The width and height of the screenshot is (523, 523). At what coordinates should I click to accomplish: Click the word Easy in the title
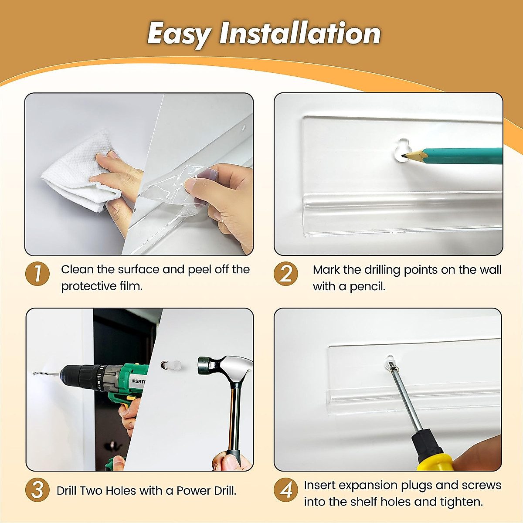[x=180, y=34]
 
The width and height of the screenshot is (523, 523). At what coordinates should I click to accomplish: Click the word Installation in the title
[x=299, y=33]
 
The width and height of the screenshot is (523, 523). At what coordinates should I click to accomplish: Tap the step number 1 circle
[x=37, y=274]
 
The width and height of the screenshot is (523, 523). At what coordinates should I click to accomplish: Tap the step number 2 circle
[x=285, y=274]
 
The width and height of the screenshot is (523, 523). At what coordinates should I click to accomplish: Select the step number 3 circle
[x=37, y=490]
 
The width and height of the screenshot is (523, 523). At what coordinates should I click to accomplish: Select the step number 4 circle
[x=285, y=490]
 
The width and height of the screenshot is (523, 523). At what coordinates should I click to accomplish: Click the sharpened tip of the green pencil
[x=402, y=156]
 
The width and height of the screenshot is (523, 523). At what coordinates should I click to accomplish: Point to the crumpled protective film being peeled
[x=174, y=187]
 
